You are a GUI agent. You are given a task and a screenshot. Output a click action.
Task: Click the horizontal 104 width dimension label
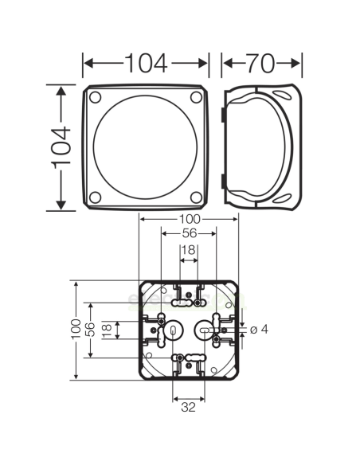(146, 61)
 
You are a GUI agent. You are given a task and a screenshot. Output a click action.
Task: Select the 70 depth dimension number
(262, 61)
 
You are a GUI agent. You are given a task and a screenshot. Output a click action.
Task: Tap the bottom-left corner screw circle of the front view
(96, 197)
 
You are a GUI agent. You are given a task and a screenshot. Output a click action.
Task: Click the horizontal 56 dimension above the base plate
(189, 234)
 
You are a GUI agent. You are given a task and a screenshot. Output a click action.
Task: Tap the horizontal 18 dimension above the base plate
(188, 250)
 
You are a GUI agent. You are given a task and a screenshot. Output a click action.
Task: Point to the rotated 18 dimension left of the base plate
(106, 328)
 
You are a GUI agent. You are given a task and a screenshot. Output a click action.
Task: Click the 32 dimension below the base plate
(189, 408)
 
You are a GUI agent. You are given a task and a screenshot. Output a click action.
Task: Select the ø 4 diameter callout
(258, 329)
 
